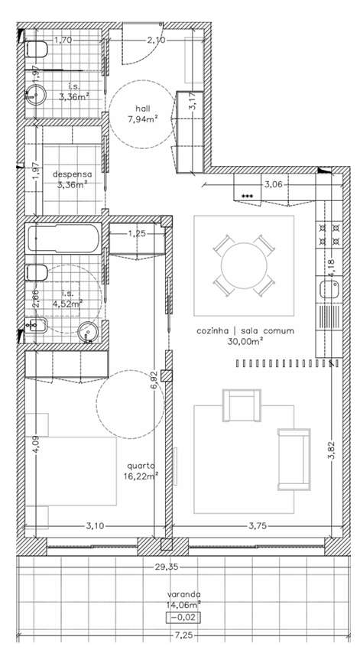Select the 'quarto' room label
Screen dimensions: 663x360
tap(143, 465)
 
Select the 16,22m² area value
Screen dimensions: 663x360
tap(143, 475)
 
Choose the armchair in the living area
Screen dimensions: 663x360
tap(240, 405)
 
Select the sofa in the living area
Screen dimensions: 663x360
tap(294, 459)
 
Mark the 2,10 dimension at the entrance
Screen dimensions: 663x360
tap(156, 40)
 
